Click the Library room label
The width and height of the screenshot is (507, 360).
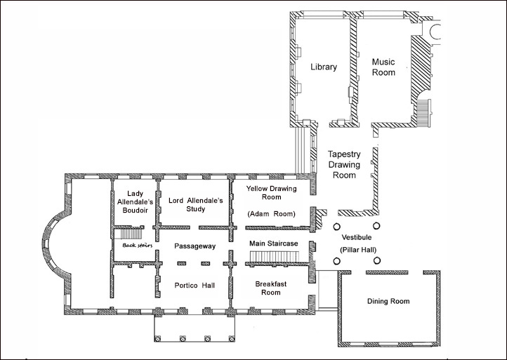click(x=324, y=67)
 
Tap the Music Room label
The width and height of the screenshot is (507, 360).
click(x=383, y=67)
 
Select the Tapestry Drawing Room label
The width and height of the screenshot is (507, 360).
click(x=344, y=164)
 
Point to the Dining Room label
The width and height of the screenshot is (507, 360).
click(x=388, y=301)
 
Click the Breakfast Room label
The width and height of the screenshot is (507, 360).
click(x=271, y=288)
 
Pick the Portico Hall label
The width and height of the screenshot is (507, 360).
click(x=195, y=286)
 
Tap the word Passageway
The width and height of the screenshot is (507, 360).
click(x=195, y=246)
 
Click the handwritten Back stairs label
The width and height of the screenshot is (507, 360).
click(x=138, y=246)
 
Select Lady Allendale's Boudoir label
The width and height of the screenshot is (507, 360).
click(x=135, y=202)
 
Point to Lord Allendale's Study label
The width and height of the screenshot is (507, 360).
click(x=196, y=204)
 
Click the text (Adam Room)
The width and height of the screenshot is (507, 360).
click(x=272, y=214)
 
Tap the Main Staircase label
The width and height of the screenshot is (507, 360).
click(x=274, y=244)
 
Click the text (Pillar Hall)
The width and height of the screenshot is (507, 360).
click(x=358, y=250)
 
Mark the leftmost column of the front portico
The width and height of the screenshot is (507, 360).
click(x=158, y=339)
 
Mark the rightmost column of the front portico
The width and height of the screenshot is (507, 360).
click(x=232, y=339)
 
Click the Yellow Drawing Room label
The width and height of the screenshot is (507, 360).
click(x=272, y=192)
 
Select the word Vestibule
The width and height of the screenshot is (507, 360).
click(x=357, y=237)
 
